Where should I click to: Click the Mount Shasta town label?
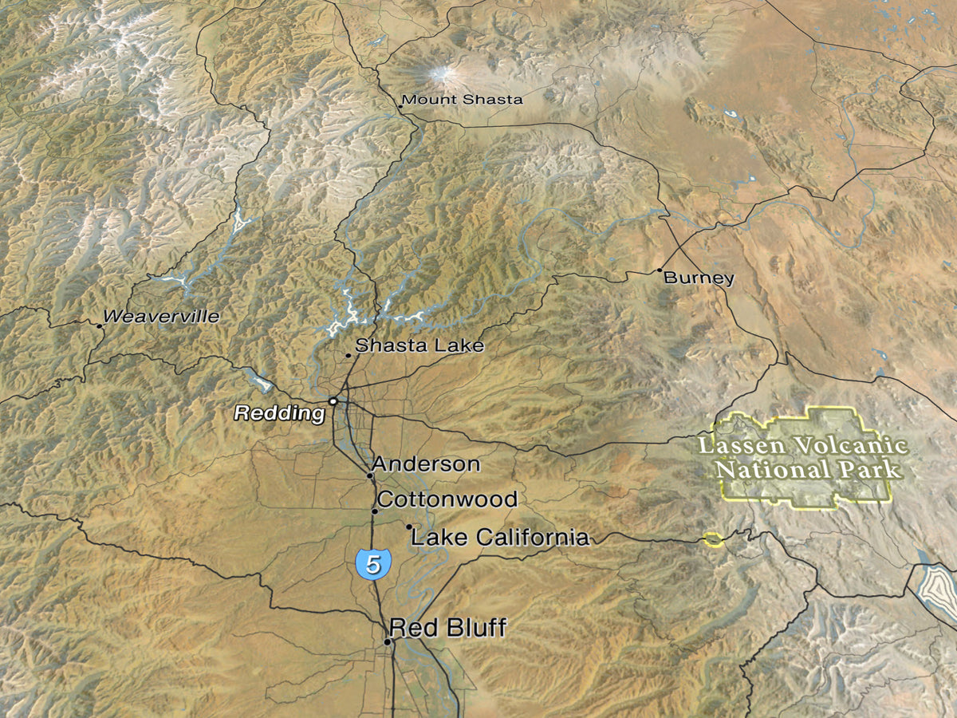click(463, 100)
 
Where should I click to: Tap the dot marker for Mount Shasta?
click(400, 105)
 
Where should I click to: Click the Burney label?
click(699, 278)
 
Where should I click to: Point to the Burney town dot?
click(660, 270)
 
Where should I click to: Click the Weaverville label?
click(161, 317)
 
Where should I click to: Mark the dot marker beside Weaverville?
click(100, 325)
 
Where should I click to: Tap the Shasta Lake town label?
click(419, 345)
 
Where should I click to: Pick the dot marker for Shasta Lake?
click(349, 355)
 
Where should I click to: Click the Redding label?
click(279, 413)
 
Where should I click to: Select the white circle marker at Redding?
click(333, 400)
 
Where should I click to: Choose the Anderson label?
click(426, 464)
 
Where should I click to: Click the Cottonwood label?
click(447, 500)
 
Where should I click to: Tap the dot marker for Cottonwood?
click(374, 511)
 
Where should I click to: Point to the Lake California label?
click(500, 538)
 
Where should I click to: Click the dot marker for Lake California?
click(409, 527)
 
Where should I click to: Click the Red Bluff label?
click(447, 628)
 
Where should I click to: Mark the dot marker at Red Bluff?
click(388, 641)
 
